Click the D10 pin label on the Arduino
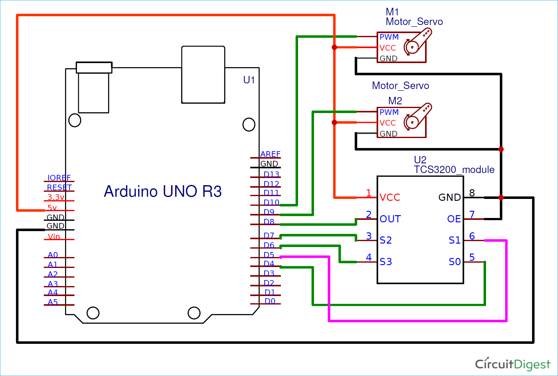pos(271,202)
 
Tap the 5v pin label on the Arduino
pos(52,208)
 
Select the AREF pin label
pos(270,154)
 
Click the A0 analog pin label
pos(53,255)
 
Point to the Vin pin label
pos(54,236)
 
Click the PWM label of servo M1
pos(389,37)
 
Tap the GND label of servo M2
pos(388,134)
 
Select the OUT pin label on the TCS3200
pos(390,219)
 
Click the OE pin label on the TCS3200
pos(454,219)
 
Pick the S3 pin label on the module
pos(386,262)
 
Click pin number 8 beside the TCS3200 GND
pos(472,193)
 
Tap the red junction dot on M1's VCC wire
pos(334,47)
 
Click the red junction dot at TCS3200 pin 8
pos(501,197)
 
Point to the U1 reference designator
pos(249,80)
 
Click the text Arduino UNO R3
pos(163,191)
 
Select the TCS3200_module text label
pos(454,170)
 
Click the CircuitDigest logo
pos(513,364)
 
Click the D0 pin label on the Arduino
pos(270,301)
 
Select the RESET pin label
pos(59,187)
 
